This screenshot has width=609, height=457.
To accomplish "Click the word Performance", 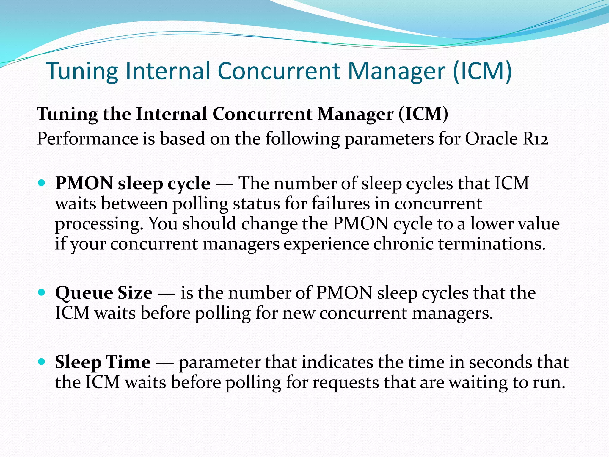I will click(x=87, y=139).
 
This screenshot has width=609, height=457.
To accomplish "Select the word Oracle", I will click(x=492, y=139).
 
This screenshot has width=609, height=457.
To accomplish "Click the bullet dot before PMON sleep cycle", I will click(x=42, y=182).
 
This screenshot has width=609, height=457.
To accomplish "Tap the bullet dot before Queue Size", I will click(x=42, y=292).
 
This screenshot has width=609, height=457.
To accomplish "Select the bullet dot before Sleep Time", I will click(x=42, y=361).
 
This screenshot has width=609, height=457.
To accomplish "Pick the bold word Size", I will click(x=135, y=293).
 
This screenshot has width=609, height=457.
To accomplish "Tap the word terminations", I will click(x=492, y=244).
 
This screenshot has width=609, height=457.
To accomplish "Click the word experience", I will click(x=326, y=244).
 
